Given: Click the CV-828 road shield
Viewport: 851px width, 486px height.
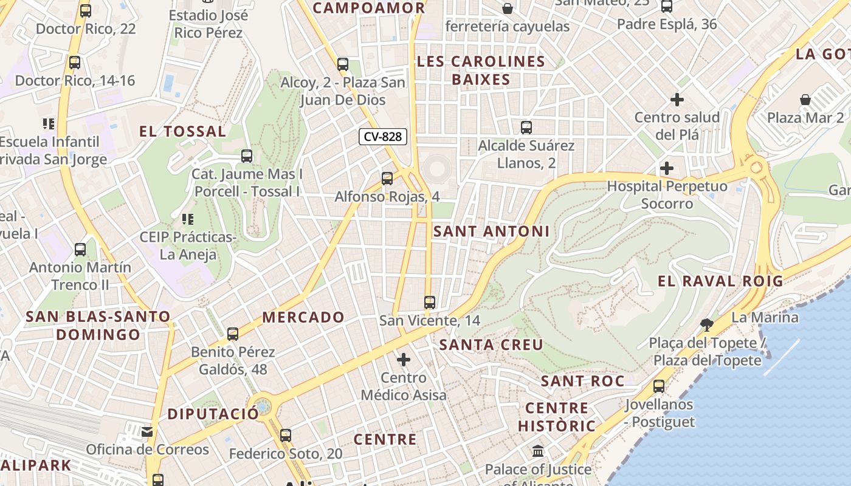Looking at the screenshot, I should [x=382, y=137].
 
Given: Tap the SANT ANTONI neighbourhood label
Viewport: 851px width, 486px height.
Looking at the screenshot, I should [x=491, y=231].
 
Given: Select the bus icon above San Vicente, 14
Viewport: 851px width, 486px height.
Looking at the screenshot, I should [x=430, y=302].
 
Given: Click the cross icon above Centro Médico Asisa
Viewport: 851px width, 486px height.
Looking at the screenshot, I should [x=404, y=360].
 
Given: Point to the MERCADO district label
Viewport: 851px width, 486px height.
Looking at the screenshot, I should [x=303, y=317].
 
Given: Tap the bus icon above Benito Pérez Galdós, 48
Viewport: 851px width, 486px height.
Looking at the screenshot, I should [x=233, y=334].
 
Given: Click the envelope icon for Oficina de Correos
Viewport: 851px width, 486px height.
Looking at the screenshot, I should [x=147, y=432].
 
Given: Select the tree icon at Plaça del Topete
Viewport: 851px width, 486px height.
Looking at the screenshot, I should [x=706, y=324].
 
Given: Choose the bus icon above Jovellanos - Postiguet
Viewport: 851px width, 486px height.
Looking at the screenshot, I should [x=659, y=386].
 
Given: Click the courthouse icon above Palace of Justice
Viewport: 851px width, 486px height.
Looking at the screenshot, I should [x=538, y=451].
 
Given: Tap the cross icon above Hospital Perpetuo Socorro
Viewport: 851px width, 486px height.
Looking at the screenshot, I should [x=667, y=168].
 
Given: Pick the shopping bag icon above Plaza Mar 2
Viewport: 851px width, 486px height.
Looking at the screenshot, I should [x=805, y=99].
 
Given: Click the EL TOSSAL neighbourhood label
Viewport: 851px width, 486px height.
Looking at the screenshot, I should [x=182, y=131].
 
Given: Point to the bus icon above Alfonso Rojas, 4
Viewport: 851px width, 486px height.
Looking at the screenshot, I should [x=387, y=179].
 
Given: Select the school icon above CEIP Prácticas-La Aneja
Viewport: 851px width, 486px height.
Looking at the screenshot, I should [x=187, y=219].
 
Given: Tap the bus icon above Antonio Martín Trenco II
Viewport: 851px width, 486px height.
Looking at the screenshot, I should [x=80, y=249].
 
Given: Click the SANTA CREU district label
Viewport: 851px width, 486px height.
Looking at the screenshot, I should [x=491, y=345].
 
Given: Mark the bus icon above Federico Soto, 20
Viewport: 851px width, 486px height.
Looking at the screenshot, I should [x=286, y=435].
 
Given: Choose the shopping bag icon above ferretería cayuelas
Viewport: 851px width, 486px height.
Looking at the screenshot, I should [x=507, y=9].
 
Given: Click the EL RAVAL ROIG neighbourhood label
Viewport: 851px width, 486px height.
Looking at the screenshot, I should [x=720, y=281].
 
